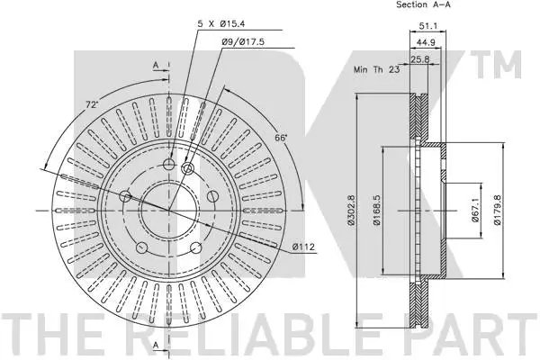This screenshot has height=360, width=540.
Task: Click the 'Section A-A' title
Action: (x=423, y=5)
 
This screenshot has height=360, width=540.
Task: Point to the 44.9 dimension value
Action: (x=425, y=41)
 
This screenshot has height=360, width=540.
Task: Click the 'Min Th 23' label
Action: (x=374, y=69)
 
